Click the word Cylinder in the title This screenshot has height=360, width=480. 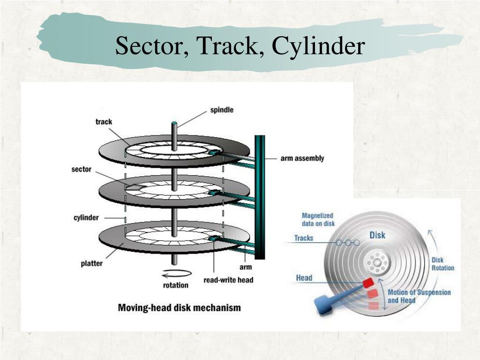(318, 46)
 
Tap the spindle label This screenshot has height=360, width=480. (222, 110)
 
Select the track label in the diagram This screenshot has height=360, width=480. (104, 121)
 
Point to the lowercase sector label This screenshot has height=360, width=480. (82, 169)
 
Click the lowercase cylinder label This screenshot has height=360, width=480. (86, 217)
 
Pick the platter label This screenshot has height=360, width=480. (91, 263)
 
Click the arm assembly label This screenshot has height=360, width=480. (302, 158)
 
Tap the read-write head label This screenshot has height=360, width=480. (228, 280)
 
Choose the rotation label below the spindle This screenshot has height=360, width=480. (176, 285)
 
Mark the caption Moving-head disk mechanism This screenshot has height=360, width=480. (180, 307)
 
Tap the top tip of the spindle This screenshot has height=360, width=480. (174, 123)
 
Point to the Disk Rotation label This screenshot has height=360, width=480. (442, 264)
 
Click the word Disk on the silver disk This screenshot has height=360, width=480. (377, 235)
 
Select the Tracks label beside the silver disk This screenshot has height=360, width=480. (304, 238)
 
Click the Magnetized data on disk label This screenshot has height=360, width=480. (318, 219)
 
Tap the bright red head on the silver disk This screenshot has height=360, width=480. (368, 282)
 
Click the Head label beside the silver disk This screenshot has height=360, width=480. (304, 277)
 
